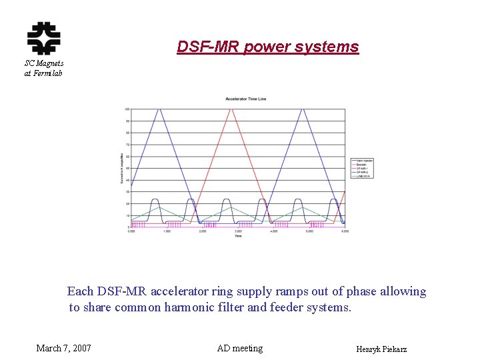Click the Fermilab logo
[x=43, y=38]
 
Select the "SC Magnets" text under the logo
[x=44, y=63]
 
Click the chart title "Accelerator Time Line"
[x=246, y=99]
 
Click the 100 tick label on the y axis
[x=127, y=109]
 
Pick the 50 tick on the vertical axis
[x=127, y=168]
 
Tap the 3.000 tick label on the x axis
[x=238, y=231]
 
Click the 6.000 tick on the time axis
[x=344, y=231]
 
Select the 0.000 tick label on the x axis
[x=131, y=231]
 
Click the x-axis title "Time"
[x=238, y=237]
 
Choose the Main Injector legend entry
[x=364, y=161]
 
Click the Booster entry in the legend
[x=361, y=165]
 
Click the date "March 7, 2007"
[x=64, y=348]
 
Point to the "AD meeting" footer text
[x=240, y=348]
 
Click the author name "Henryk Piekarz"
[x=382, y=349]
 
